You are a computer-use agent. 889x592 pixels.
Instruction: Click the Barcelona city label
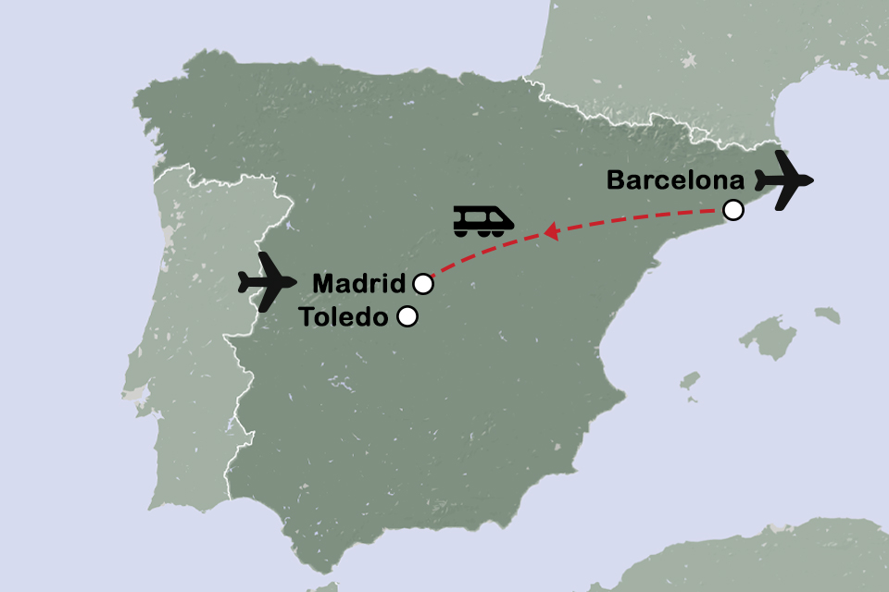(676, 180)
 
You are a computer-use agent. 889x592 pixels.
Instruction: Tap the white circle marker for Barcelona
(732, 210)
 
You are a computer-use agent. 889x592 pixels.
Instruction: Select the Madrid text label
(359, 282)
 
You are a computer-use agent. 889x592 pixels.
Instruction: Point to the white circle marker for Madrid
(423, 282)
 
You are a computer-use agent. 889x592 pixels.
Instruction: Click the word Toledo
(344, 317)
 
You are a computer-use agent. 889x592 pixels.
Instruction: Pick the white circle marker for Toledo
(407, 317)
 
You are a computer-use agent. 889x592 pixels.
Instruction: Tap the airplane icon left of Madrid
(268, 280)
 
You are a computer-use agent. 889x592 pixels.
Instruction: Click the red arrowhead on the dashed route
(550, 232)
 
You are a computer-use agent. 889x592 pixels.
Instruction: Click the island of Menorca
(828, 315)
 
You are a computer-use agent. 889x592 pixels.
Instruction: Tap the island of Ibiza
(689, 381)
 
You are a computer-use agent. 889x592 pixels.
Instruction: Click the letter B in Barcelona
(616, 180)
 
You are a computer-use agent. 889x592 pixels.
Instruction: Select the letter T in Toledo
(307, 317)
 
